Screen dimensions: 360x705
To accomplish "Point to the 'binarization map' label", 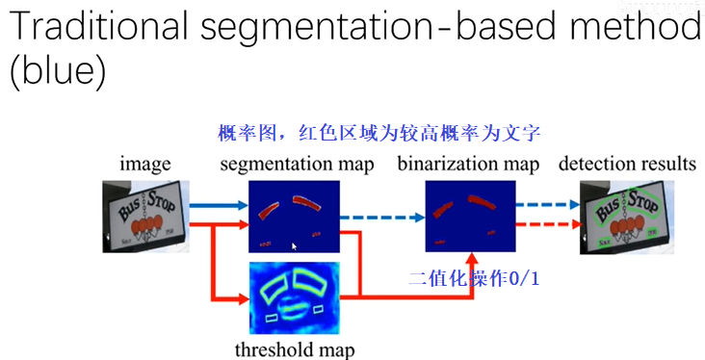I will pyautogui.click(x=468, y=164).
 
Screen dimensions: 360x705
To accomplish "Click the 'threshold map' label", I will pyautogui.click(x=295, y=348).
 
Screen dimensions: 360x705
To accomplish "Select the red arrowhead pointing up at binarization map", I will pyautogui.click(x=471, y=260).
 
